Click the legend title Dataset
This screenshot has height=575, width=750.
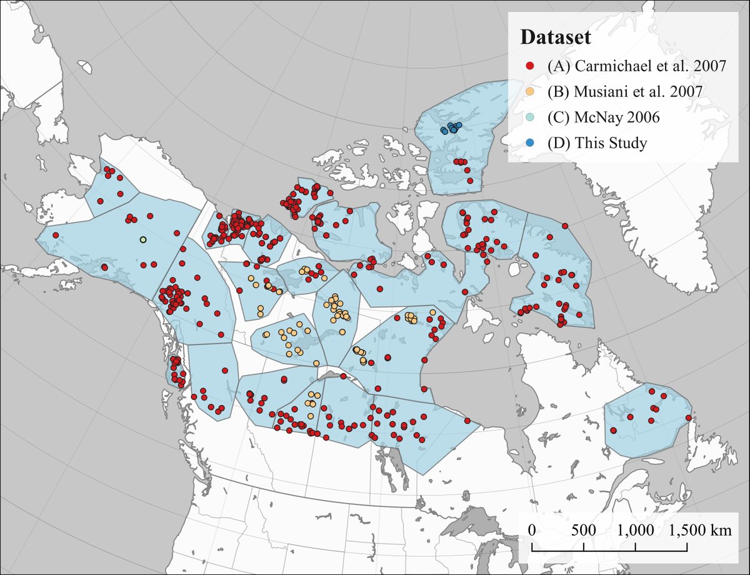pos(557,37)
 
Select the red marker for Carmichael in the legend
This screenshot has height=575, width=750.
pos(530,66)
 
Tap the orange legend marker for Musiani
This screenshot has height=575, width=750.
pos(530,91)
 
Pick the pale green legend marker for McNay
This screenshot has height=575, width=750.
pos(530,117)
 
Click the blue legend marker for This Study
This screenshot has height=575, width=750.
pos(530,142)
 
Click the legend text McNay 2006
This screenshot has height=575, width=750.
pos(594,117)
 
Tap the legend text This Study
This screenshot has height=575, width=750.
pos(597,142)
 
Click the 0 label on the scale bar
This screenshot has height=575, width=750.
pos(532,530)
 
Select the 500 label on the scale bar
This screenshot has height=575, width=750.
pos(584,530)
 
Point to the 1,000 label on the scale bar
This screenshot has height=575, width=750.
pos(636,530)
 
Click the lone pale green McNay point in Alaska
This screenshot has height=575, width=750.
pos(142,239)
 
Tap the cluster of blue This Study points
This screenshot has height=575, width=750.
pos(450,128)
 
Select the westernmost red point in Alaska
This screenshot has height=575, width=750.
pos(56,235)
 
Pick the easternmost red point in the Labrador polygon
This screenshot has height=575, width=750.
pos(688,417)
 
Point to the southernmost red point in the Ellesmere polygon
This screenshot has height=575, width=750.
pos(470,181)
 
